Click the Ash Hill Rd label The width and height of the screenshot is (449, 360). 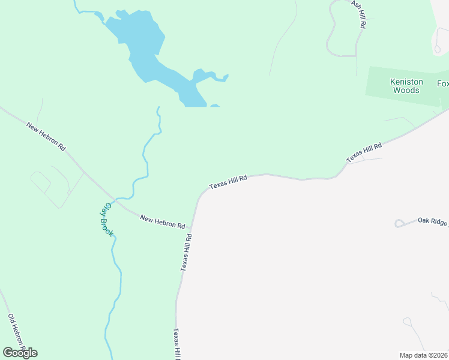click(358, 14)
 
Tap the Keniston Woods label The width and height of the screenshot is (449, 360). click(406, 86)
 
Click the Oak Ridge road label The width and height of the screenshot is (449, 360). click(433, 221)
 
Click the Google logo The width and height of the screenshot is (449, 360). click(20, 352)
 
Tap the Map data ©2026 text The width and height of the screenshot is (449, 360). click(424, 355)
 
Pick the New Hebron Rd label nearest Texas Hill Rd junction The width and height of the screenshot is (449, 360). click(162, 221)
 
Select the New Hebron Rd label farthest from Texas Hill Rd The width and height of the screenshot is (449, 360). click(46, 137)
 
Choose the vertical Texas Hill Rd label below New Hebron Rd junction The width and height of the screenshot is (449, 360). click(187, 253)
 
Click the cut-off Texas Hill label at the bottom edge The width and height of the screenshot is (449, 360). click(177, 344)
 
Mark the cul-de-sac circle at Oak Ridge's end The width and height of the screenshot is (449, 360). click(399, 224)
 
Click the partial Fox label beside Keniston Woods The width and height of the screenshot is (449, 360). click(442, 83)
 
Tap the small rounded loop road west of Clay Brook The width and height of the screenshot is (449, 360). click(40, 182)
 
